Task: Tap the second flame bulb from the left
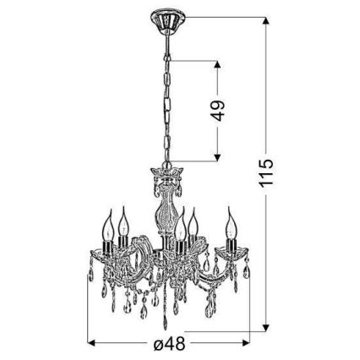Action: (x=123, y=223)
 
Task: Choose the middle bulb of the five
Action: (x=180, y=226)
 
